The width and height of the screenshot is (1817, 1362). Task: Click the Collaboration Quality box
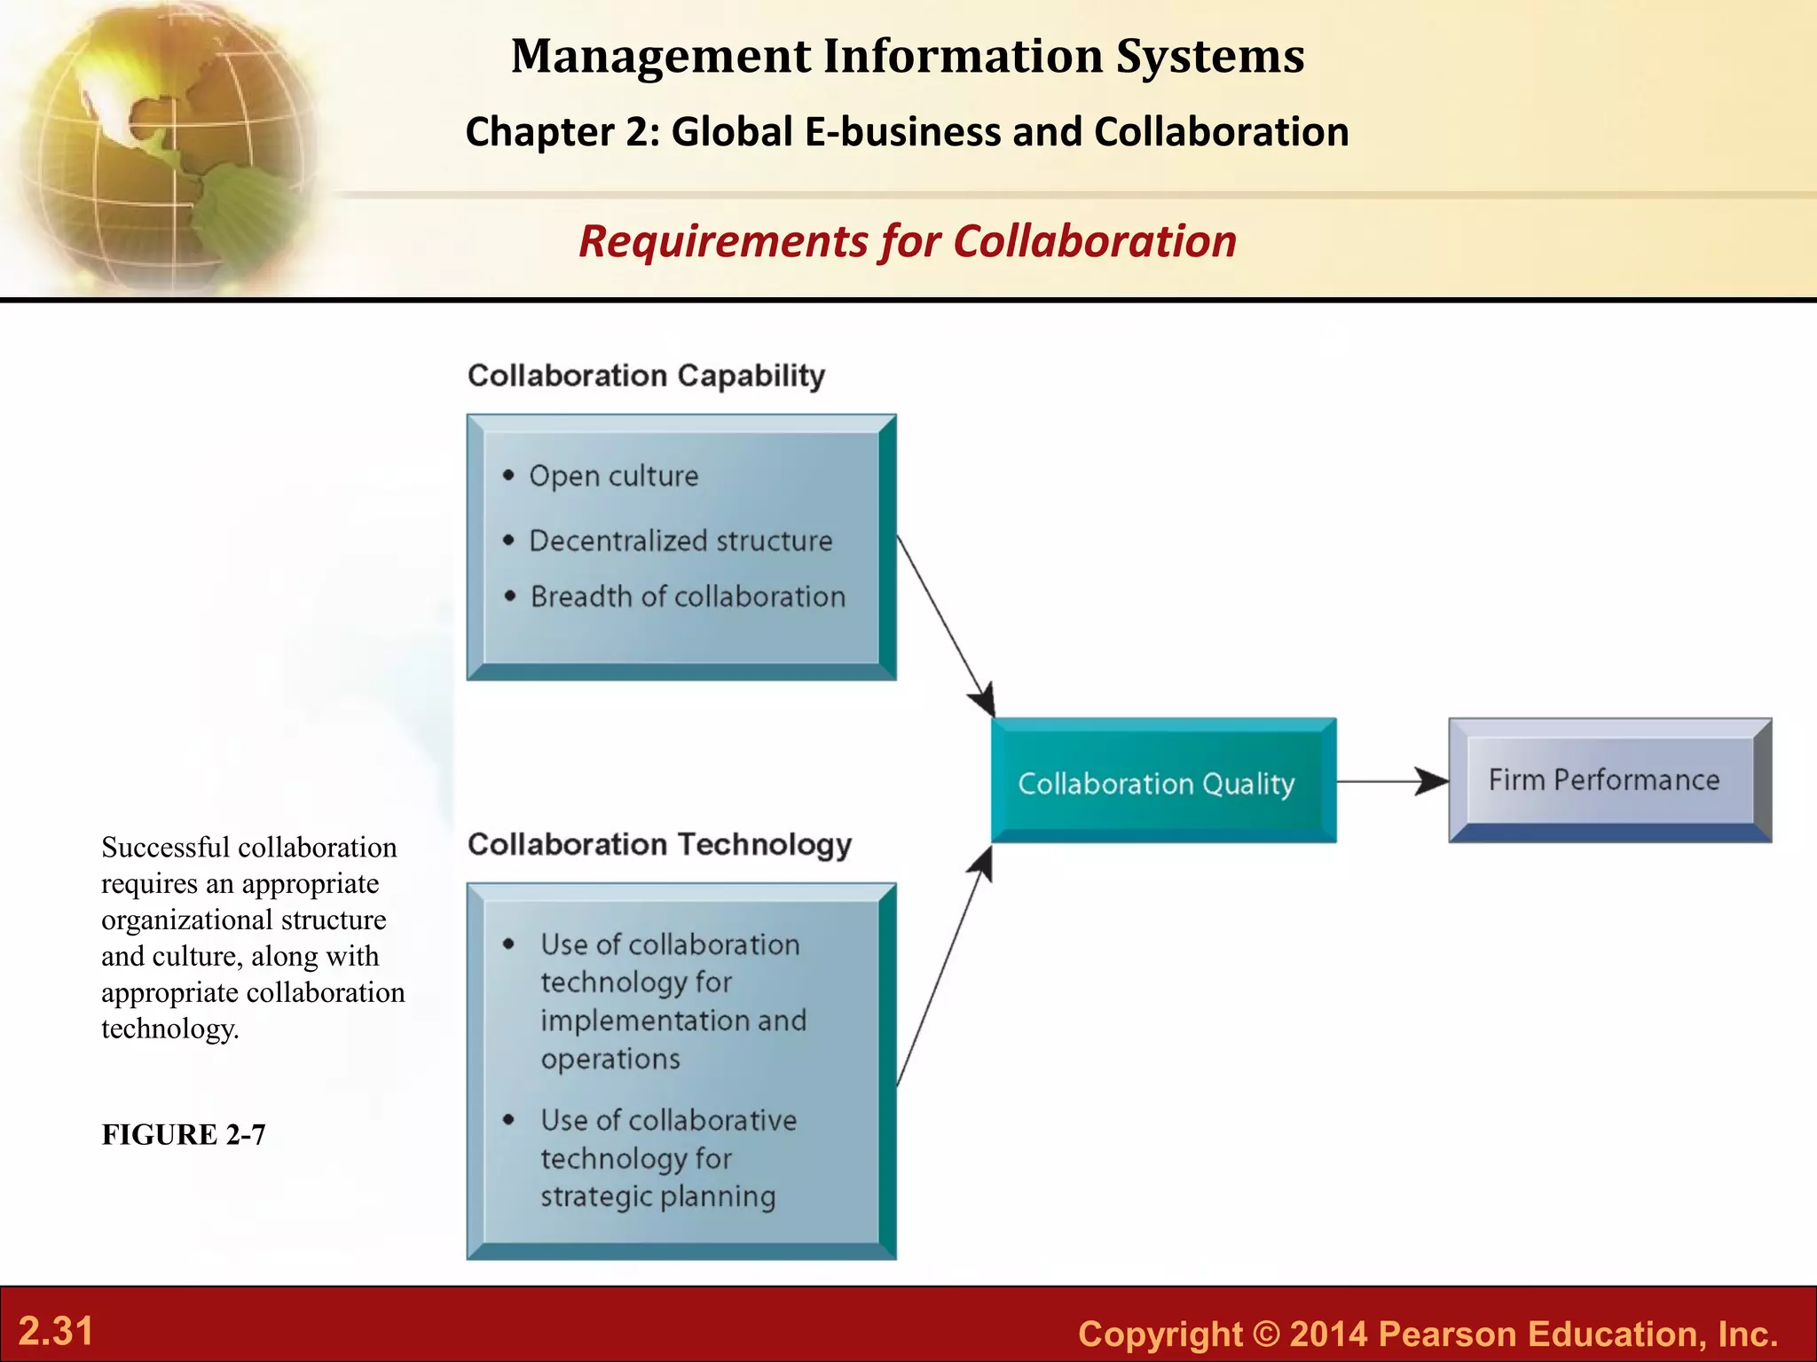(1162, 780)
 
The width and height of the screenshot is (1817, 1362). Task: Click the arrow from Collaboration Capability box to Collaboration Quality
(945, 625)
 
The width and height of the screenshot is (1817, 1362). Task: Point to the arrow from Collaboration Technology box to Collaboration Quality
(943, 967)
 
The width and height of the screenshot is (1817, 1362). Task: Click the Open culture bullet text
(613, 476)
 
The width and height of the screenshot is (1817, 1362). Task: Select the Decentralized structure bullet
(680, 541)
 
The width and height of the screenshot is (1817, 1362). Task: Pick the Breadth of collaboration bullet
(688, 597)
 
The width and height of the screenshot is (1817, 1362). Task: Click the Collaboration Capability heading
(646, 376)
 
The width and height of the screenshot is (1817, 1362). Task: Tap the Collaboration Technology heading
(659, 844)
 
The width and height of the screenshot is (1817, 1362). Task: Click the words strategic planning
(657, 1196)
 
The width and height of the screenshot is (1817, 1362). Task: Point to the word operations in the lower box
(610, 1059)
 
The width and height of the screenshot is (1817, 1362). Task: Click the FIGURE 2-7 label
(184, 1135)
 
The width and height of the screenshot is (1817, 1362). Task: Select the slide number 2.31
(56, 1331)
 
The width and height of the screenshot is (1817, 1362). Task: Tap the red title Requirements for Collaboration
(907, 241)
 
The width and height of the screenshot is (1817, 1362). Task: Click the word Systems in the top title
(1210, 56)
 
